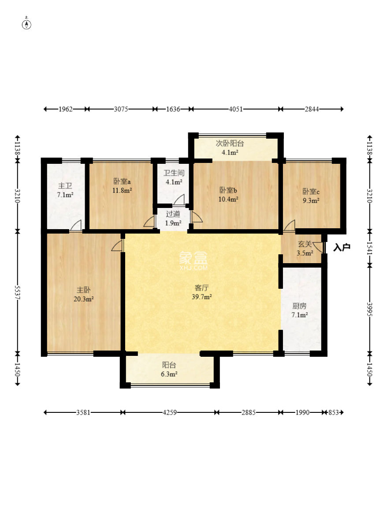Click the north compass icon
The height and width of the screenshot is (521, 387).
click(26, 24)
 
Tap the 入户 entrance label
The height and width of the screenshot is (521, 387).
click(342, 247)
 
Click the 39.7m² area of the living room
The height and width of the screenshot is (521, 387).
click(201, 297)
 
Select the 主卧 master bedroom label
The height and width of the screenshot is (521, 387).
click(83, 290)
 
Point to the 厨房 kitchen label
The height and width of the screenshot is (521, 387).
click(299, 306)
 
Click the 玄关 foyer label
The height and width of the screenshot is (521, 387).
click(305, 244)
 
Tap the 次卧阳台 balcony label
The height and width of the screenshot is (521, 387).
click(230, 143)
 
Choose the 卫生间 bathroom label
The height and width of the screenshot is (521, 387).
click(174, 173)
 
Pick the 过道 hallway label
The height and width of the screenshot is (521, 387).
click(173, 214)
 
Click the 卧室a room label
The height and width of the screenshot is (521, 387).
click(122, 181)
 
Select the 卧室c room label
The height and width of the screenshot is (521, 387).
click(311, 191)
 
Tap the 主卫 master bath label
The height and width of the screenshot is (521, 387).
click(65, 186)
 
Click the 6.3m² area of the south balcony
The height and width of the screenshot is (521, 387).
click(169, 374)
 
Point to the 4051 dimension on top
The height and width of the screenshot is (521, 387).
click(236, 109)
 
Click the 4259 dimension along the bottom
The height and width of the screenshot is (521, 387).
click(169, 412)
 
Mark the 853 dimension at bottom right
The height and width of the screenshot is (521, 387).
click(334, 412)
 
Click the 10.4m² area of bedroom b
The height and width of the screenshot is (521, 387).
click(228, 200)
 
